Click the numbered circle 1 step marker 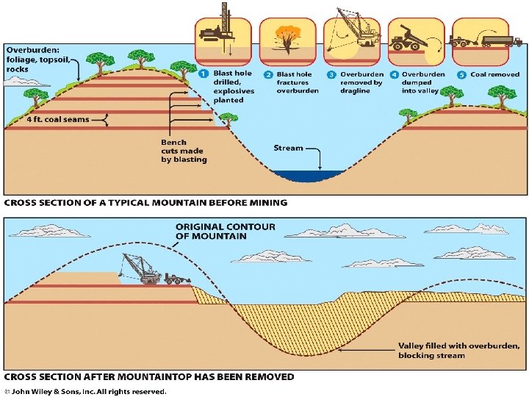tap(203, 74)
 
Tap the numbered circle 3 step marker tap(331, 74)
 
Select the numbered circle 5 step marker tap(461, 74)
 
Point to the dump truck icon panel tap(417, 41)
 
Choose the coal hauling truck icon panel tap(483, 41)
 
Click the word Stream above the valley tap(288, 148)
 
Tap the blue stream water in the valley tap(308, 175)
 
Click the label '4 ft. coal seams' tap(48, 119)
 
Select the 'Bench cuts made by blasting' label tap(184, 151)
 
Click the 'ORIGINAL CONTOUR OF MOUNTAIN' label tap(225, 231)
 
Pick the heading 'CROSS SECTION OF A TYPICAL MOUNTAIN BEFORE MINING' tap(147, 203)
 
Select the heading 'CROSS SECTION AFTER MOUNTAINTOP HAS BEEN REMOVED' tap(150, 377)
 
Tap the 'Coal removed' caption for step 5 tap(494, 74)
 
